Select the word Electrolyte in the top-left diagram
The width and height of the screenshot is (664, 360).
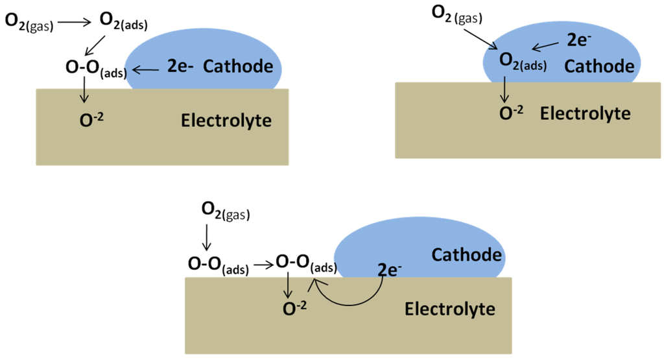226,120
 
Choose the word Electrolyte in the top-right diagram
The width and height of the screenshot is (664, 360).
585,114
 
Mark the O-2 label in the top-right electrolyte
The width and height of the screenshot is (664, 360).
512,112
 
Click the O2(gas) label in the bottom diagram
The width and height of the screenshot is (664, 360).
225,210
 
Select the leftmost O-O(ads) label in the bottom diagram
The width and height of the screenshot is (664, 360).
218,265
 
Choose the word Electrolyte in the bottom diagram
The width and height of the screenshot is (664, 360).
450,308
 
